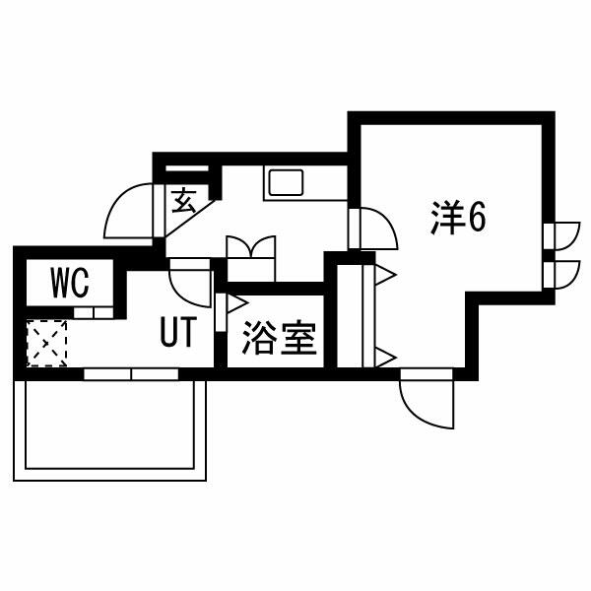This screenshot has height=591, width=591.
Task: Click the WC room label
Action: click(70, 283)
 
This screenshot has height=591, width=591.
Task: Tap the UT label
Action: click(178, 332)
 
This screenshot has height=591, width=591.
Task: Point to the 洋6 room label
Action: click(458, 219)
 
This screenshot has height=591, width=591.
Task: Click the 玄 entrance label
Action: click(184, 201)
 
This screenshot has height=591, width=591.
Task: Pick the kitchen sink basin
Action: click(287, 182)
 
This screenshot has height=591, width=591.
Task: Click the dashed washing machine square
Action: click(46, 343)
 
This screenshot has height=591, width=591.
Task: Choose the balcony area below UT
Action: click(109, 429)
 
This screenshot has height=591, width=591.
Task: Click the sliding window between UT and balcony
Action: click(131, 374)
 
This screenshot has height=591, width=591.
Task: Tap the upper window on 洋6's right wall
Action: click(561, 236)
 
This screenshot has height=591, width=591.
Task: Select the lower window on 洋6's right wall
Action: click(561, 275)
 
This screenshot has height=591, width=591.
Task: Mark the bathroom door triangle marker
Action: click(235, 303)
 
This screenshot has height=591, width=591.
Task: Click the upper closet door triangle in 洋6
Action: click(384, 275)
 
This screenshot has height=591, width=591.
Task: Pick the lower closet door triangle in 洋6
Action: click(384, 358)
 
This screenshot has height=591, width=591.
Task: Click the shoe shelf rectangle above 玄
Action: click(187, 168)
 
